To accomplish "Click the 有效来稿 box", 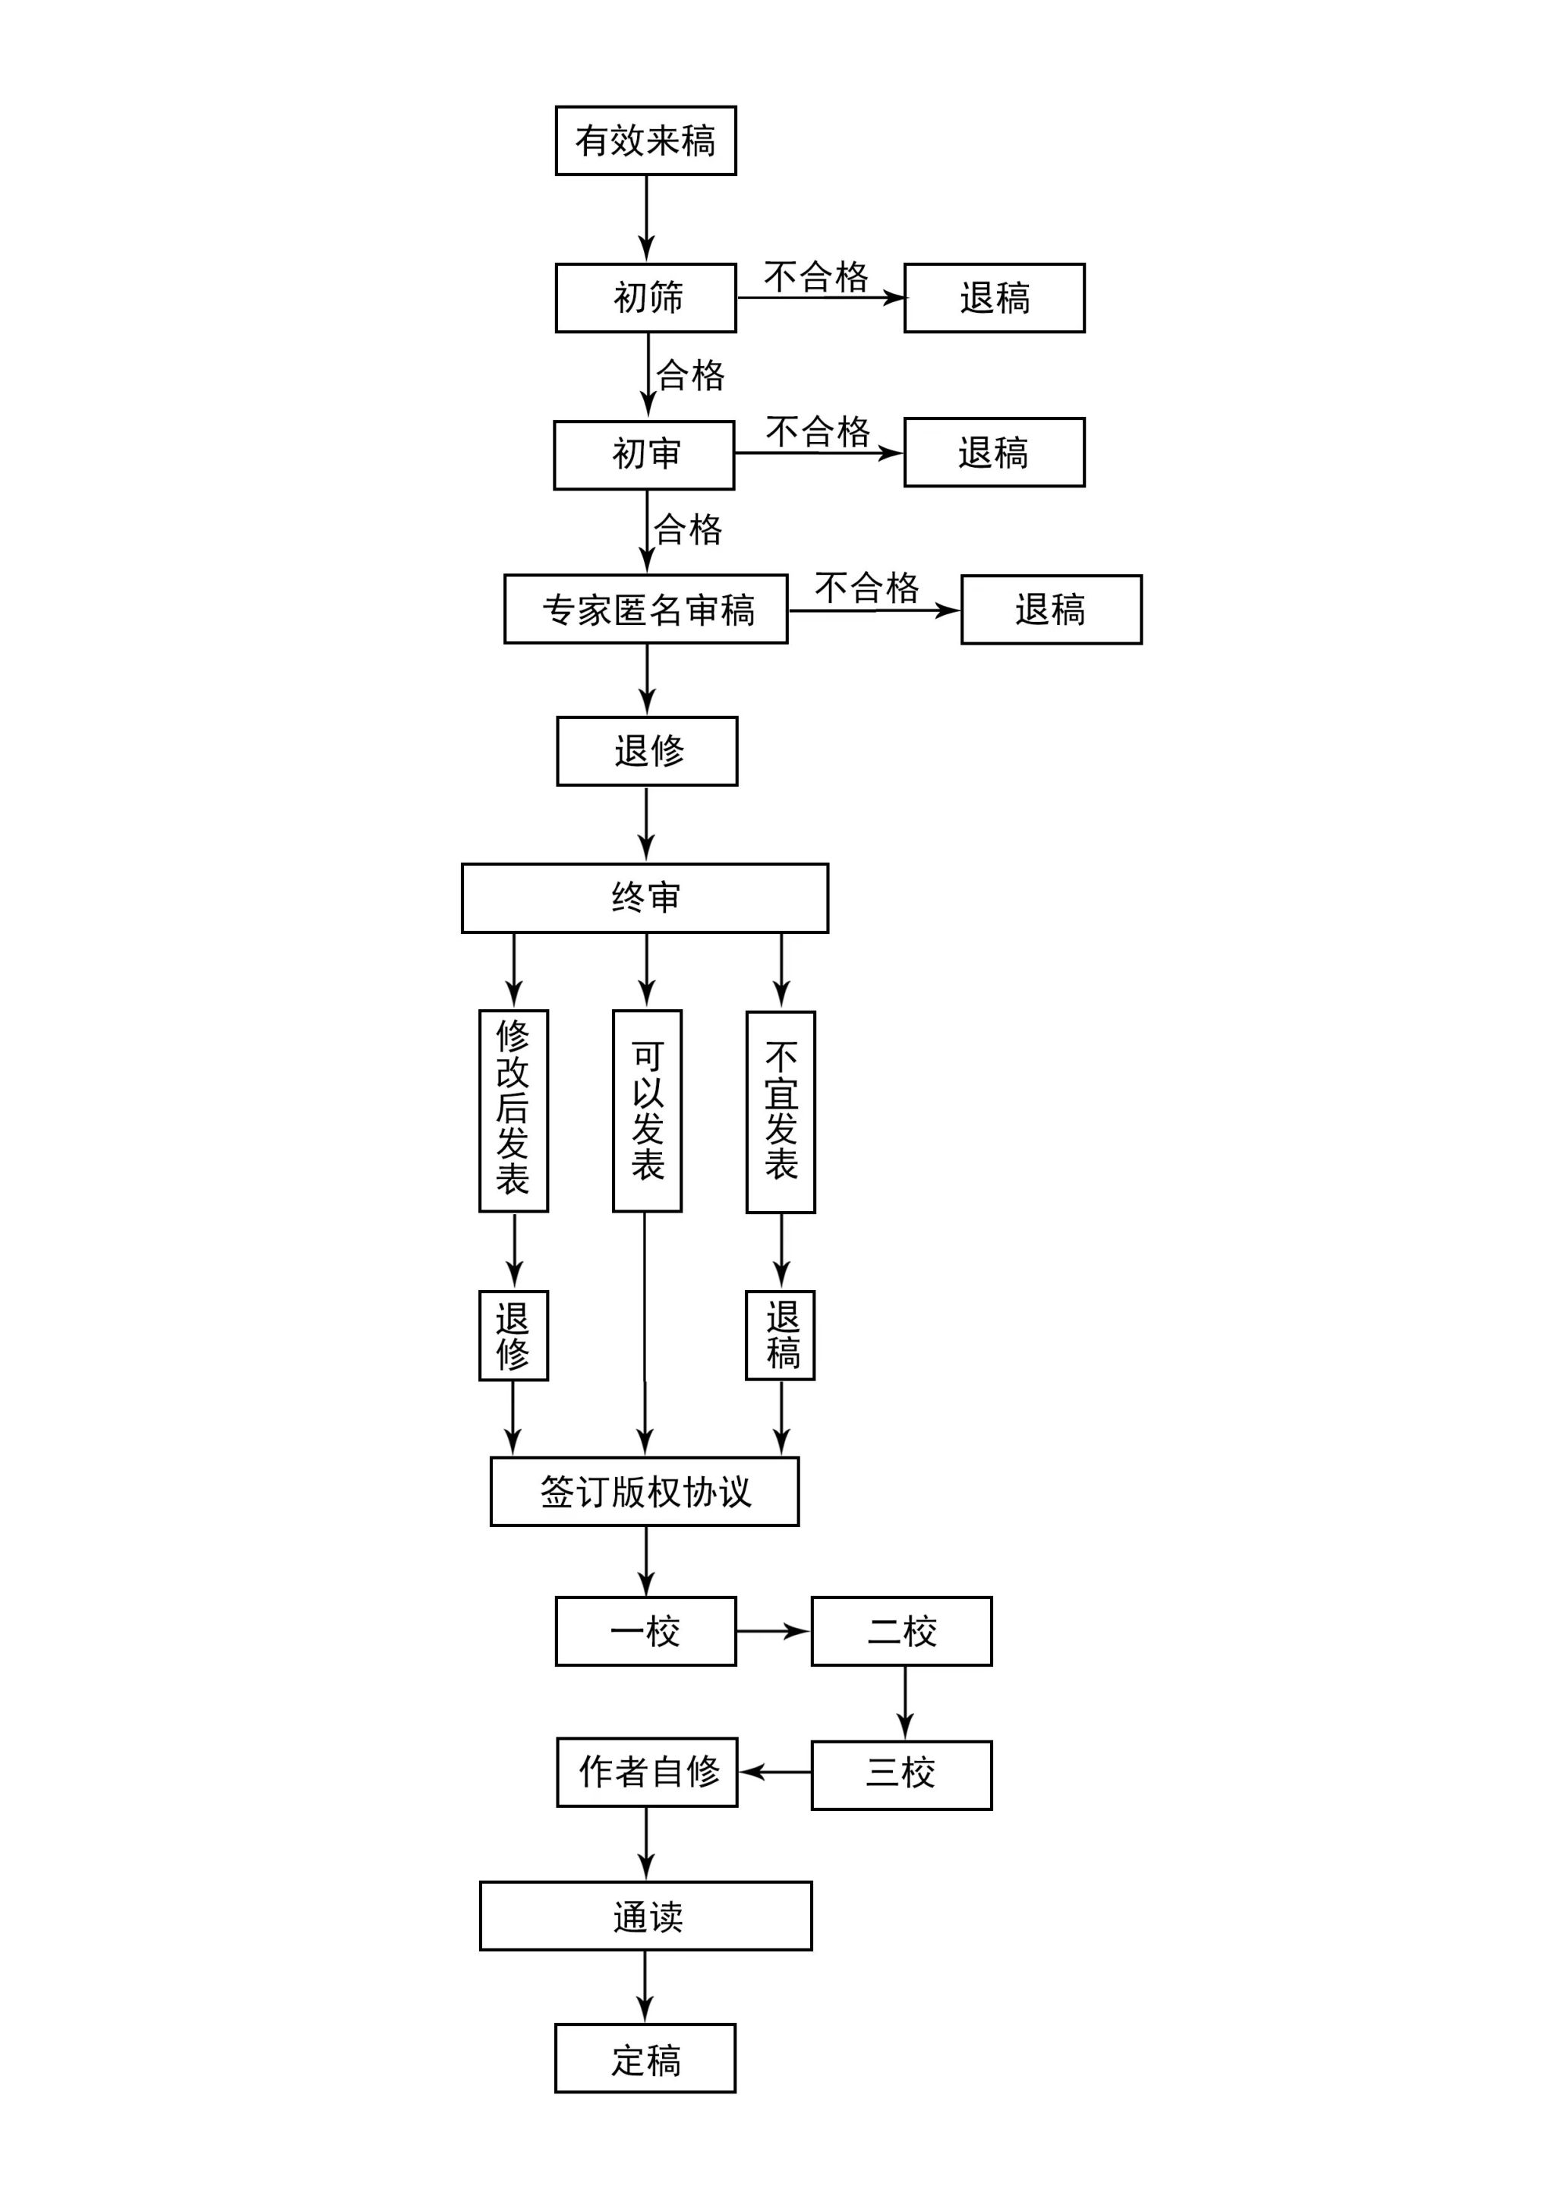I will coord(645,140).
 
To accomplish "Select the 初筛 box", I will coord(645,298).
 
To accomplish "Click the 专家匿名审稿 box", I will coord(645,609).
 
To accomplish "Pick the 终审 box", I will coord(645,898).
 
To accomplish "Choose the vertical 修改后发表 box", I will coord(513,1111).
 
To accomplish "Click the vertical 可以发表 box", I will coord(647,1111).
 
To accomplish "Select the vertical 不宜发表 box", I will coord(781,1112).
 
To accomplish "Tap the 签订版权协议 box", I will coord(645,1491).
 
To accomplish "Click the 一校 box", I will coord(645,1631).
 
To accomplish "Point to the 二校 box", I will coord(901,1631).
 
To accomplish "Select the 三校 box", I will coord(901,1775).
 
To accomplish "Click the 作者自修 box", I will coord(647,1772).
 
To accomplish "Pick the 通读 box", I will coord(645,1916).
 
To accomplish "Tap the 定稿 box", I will coord(645,2059).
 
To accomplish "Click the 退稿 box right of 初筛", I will coord(994,298).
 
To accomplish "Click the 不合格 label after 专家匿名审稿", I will coord(866,587).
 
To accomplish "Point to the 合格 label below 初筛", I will coord(690,374).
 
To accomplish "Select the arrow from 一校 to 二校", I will coord(774,1631).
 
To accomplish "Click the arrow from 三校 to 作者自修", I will coord(774,1772).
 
